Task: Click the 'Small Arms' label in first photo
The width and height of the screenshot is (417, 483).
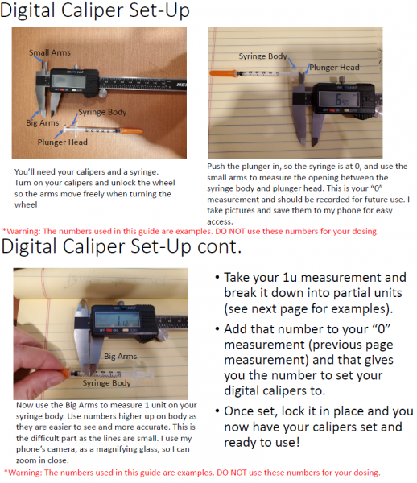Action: pyautogui.click(x=50, y=52)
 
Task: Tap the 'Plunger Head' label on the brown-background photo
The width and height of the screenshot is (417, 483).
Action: pyautogui.click(x=63, y=142)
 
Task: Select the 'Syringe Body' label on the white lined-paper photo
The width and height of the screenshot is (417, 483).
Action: pyautogui.click(x=263, y=56)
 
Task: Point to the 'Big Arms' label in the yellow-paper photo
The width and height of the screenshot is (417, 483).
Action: pyautogui.click(x=121, y=357)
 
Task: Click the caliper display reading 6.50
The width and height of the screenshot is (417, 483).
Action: pyautogui.click(x=338, y=99)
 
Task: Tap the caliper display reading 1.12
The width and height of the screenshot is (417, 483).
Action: pyautogui.click(x=117, y=320)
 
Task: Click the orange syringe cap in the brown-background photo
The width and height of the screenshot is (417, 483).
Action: pyautogui.click(x=131, y=131)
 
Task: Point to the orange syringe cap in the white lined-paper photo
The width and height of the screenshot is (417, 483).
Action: pyautogui.click(x=222, y=73)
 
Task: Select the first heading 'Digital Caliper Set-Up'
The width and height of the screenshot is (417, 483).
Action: pyautogui.click(x=94, y=10)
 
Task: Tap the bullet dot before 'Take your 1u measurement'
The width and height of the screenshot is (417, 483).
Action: pyautogui.click(x=217, y=278)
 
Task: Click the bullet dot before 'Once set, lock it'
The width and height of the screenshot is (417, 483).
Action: pyautogui.click(x=217, y=411)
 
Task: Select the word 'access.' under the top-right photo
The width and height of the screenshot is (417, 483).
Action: pyautogui.click(x=220, y=222)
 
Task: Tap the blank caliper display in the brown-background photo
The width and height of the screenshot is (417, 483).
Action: pyautogui.click(x=68, y=81)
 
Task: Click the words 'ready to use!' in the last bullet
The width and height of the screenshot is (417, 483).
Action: pyautogui.click(x=262, y=442)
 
